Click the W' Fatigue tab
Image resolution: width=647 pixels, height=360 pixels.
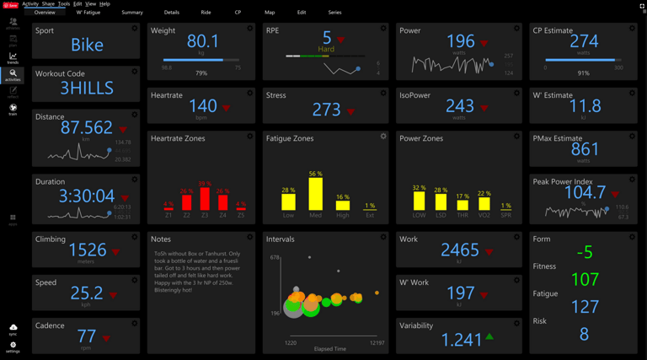88,13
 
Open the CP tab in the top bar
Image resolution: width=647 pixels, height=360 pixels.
238,13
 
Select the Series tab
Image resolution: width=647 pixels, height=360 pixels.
334,13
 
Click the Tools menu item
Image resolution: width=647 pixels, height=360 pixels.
64,4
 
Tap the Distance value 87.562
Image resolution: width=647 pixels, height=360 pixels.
87,128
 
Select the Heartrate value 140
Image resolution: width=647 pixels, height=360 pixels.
203,107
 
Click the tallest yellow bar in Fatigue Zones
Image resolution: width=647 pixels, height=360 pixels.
315,194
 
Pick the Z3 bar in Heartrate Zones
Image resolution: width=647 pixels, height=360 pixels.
205,199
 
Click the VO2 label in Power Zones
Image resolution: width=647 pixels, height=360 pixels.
484,215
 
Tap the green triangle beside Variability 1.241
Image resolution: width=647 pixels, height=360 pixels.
489,337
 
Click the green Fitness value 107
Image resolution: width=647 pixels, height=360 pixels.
585,278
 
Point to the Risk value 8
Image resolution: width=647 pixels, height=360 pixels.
584,335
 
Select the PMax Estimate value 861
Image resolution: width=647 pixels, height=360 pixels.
585,150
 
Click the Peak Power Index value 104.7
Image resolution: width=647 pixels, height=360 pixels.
585,193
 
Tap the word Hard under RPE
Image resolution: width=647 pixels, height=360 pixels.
326,49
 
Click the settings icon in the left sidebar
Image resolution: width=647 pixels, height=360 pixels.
13,346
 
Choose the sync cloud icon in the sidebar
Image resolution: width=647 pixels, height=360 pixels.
13,328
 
